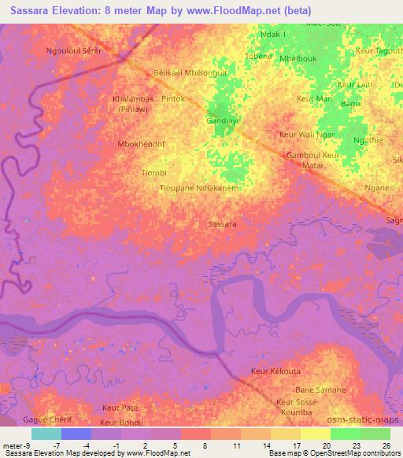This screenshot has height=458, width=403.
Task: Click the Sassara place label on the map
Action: point(223,224)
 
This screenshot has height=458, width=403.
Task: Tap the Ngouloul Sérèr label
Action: point(76,50)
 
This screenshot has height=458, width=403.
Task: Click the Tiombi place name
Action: point(153,172)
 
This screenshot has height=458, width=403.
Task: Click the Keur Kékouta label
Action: point(275,371)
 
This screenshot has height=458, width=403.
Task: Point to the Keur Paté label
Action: point(120,408)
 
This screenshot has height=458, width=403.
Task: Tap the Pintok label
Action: point(172,99)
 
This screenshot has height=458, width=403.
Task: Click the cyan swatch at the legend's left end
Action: point(46,434)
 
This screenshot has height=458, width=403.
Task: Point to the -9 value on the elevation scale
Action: point(29,446)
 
